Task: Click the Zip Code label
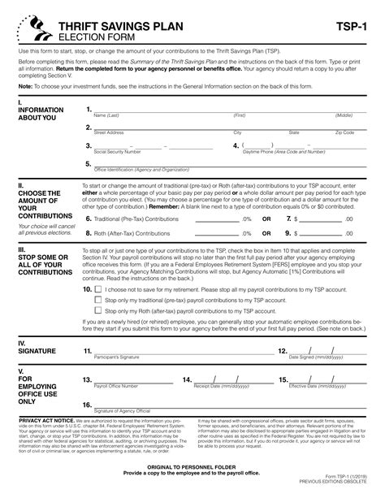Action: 344,132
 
